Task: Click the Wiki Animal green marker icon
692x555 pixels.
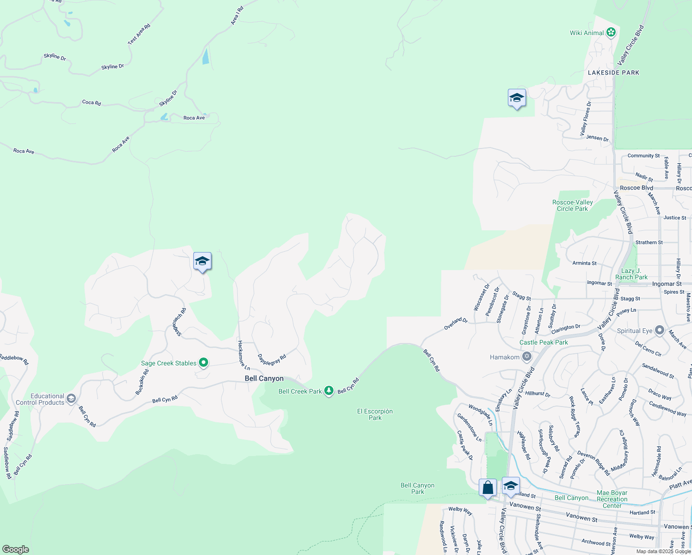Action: coord(611,32)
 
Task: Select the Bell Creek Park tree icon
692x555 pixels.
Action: coord(328,391)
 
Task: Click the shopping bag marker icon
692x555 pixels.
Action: coord(488,488)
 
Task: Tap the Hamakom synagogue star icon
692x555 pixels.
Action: coord(526,357)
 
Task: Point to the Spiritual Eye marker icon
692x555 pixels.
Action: coord(660,331)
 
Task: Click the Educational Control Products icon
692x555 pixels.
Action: coord(71,399)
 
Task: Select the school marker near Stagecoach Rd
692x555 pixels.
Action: coord(202,262)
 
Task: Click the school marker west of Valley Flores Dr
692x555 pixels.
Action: coord(517,99)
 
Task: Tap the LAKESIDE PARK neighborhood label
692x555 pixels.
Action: coord(613,73)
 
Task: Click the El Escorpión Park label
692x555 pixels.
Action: coord(375,414)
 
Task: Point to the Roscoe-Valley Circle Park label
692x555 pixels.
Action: coord(573,205)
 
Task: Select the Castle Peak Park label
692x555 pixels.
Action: coord(544,342)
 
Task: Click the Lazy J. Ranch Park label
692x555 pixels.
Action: coord(631,274)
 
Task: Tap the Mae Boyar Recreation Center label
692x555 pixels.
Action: coord(612,499)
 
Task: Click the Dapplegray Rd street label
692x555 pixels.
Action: coord(272,359)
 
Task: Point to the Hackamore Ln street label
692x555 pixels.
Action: coord(243,355)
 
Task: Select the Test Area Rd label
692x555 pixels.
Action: coord(139,34)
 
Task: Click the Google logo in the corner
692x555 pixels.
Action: coord(15,549)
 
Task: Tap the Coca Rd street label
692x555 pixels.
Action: coord(91,102)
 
